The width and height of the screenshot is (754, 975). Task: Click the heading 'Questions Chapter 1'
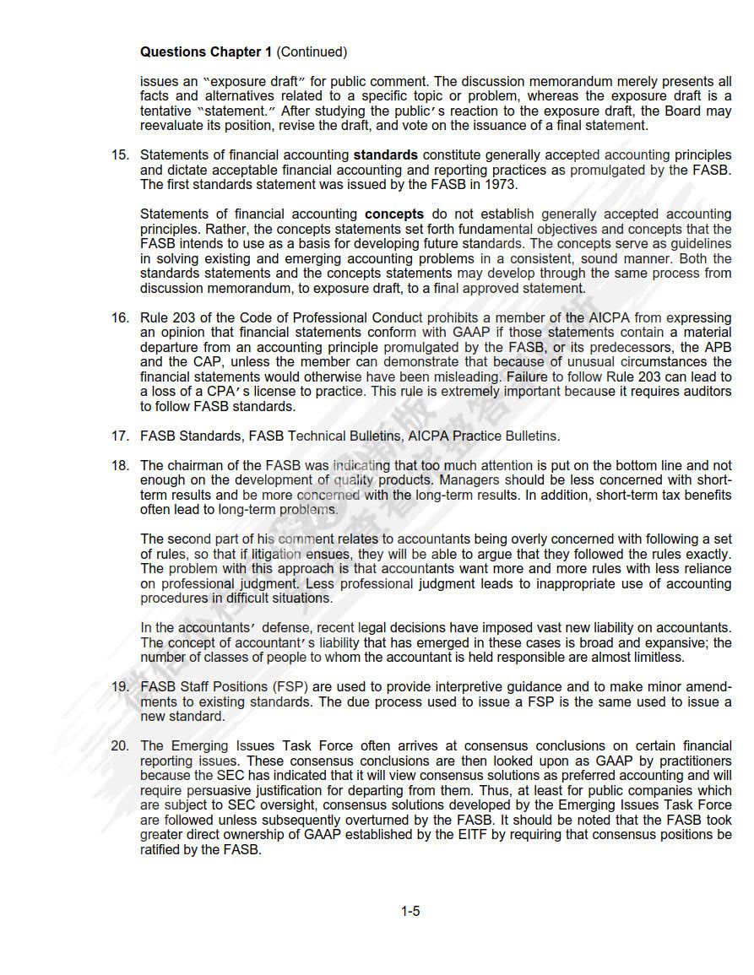point(205,52)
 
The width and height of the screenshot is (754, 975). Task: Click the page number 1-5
point(410,911)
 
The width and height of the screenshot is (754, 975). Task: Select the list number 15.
point(121,155)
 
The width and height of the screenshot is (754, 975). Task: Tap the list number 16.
point(121,318)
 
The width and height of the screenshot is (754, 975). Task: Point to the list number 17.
point(121,436)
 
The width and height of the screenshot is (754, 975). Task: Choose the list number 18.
point(121,466)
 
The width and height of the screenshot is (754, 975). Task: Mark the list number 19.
point(121,687)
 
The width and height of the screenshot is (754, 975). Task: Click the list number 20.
point(121,746)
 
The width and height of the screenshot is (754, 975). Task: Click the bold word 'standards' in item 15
point(385,155)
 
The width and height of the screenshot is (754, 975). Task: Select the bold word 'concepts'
point(393,214)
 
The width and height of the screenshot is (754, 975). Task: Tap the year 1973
point(499,185)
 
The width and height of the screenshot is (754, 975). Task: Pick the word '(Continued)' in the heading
point(312,52)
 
